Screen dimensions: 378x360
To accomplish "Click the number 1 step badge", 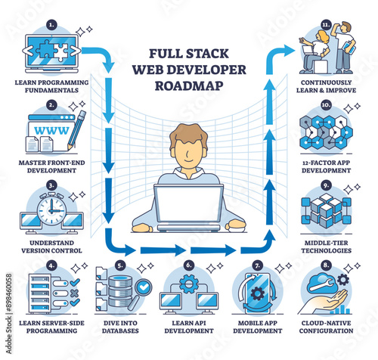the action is (x=51, y=25).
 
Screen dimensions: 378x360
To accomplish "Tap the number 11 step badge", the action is (x=326, y=25).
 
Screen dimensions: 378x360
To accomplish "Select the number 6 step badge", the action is (x=189, y=265).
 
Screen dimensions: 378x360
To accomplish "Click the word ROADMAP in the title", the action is (x=189, y=85).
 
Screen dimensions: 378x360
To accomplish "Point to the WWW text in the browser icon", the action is (x=51, y=130).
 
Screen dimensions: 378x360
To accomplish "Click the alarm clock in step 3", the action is (x=51, y=209).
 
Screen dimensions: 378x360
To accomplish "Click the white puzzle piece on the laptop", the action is (x=61, y=52).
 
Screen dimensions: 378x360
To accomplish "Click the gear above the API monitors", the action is (x=189, y=284).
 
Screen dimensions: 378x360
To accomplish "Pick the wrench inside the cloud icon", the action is (x=323, y=284).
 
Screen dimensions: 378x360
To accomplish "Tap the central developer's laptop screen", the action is (x=188, y=203).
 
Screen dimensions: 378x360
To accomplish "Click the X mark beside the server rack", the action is (x=75, y=293).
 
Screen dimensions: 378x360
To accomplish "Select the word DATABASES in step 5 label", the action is (x=120, y=331).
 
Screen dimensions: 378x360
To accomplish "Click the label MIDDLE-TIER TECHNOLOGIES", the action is (x=327, y=247).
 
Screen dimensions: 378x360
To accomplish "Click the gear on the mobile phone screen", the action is (x=258, y=293).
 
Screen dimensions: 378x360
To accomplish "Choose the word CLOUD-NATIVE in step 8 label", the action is (x=327, y=323).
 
